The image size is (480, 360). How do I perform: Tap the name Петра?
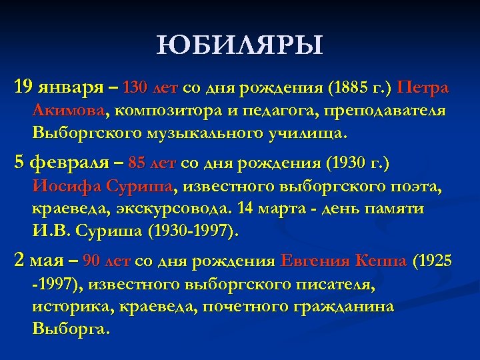coord(423,88)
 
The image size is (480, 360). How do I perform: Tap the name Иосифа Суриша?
coord(103,185)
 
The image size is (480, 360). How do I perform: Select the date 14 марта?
coord(271,208)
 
